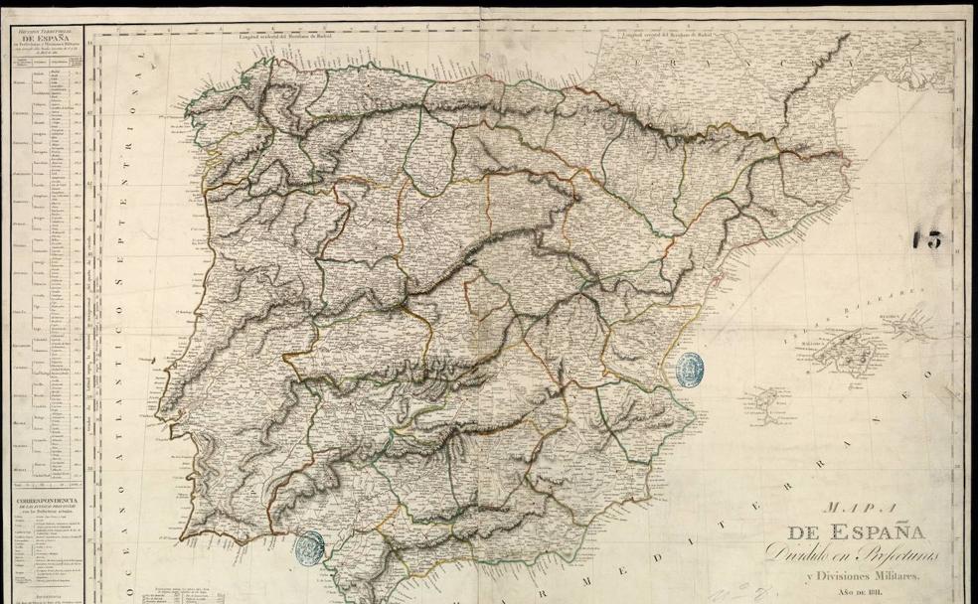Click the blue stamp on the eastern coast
[x=688, y=368]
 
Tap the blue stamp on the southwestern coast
[x=310, y=546]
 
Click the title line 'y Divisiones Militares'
[x=862, y=577]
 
